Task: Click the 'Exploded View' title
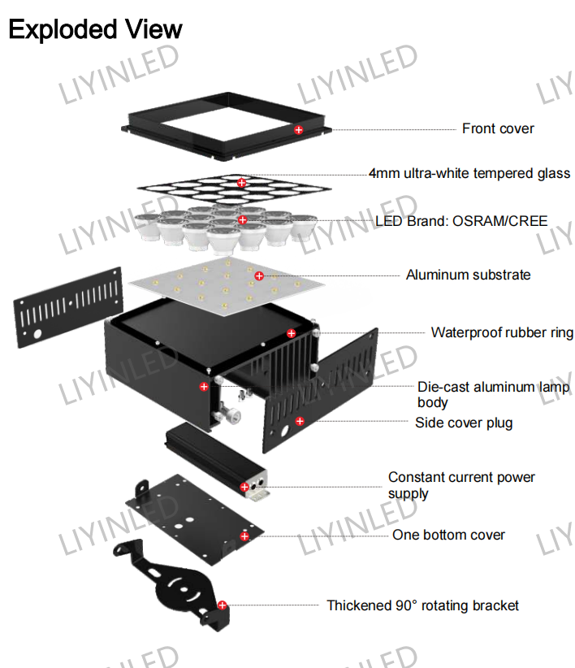click(95, 30)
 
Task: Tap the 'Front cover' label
click(498, 128)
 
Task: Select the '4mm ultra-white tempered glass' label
click(469, 173)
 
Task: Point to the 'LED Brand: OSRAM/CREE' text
click(461, 221)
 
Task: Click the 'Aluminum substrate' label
click(468, 275)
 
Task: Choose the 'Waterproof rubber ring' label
click(502, 332)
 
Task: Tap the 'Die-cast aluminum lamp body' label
click(493, 394)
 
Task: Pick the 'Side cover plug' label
click(464, 423)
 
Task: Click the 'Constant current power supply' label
click(461, 485)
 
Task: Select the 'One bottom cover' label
click(448, 535)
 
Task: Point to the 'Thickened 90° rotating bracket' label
click(422, 605)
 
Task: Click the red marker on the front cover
click(299, 130)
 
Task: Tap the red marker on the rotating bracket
click(223, 605)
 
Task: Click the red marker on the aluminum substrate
click(259, 276)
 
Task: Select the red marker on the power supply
click(244, 487)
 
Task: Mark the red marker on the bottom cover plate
click(244, 536)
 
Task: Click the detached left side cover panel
click(68, 307)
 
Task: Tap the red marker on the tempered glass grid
click(242, 183)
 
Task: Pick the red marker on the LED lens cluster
click(243, 220)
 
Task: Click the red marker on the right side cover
click(300, 421)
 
